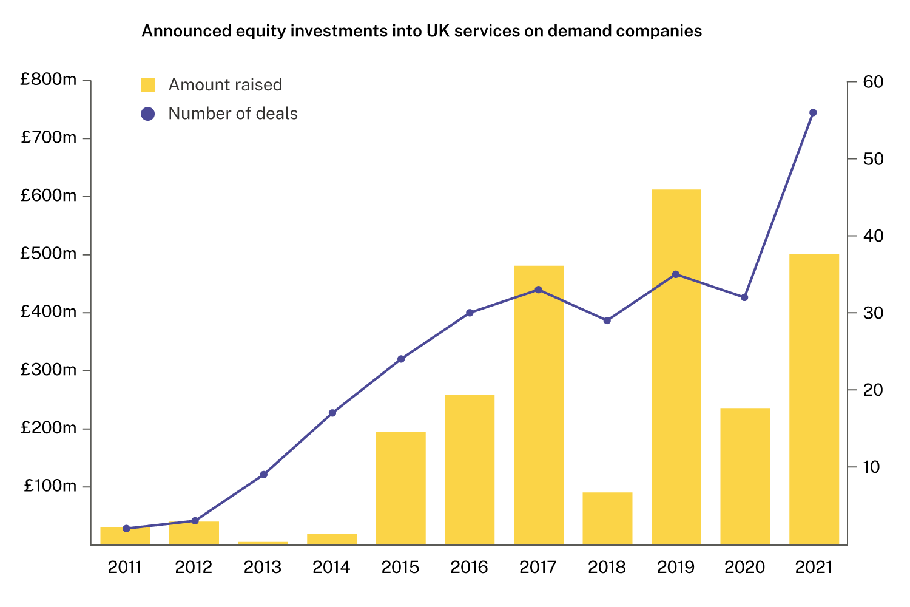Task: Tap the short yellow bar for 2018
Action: pyautogui.click(x=607, y=518)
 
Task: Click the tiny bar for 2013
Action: pyautogui.click(x=263, y=543)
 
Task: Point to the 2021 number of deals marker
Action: pyautogui.click(x=813, y=112)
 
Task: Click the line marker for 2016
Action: pyautogui.click(x=469, y=313)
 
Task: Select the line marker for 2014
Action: pyautogui.click(x=332, y=413)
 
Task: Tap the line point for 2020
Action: pyautogui.click(x=744, y=297)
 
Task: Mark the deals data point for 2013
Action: pyautogui.click(x=263, y=475)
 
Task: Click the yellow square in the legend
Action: pyautogui.click(x=147, y=85)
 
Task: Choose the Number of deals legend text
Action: pyautogui.click(x=233, y=114)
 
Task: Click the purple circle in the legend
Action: pyautogui.click(x=147, y=114)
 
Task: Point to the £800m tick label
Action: pyautogui.click(x=49, y=80)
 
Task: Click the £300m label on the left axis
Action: pyautogui.click(x=49, y=370)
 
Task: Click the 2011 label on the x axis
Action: pyautogui.click(x=125, y=568)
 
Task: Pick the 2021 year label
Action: pyautogui.click(x=813, y=568)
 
